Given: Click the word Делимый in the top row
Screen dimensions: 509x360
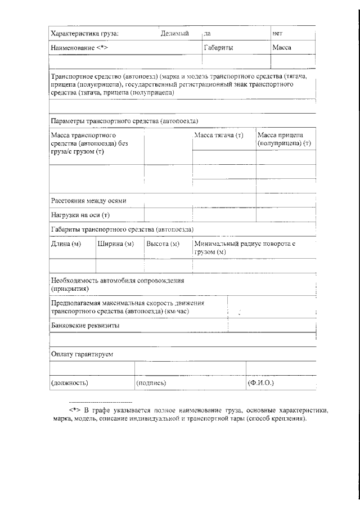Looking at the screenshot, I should point(174,34).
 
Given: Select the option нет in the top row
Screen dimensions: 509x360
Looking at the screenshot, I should point(277,34).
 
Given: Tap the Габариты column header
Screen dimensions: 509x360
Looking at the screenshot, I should point(218,48).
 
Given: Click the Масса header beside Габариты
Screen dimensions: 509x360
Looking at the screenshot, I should point(281,48).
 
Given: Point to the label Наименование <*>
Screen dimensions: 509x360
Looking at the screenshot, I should point(79,48).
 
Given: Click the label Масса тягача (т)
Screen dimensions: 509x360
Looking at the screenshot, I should point(218,136).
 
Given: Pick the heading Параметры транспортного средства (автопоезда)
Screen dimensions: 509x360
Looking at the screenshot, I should point(124,121).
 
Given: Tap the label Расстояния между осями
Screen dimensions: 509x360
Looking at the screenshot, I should point(88,200).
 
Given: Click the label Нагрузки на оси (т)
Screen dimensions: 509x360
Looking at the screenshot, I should point(80,215).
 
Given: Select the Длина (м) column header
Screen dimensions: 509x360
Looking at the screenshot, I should point(66,244).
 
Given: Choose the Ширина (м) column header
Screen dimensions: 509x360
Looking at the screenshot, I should point(115,244).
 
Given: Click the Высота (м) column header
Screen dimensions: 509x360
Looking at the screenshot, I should point(163,244).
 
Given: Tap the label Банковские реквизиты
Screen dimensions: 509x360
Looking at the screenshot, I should point(85,325).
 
